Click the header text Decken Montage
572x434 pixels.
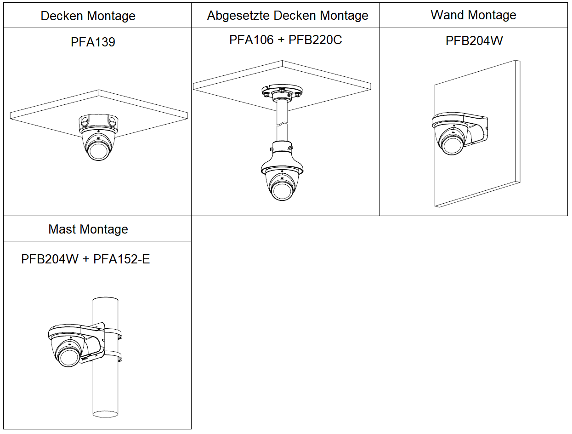click(x=88, y=16)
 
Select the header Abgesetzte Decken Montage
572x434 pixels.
click(x=288, y=16)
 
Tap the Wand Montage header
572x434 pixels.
click(x=473, y=15)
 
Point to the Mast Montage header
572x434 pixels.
click(x=88, y=229)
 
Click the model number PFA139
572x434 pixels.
click(x=93, y=42)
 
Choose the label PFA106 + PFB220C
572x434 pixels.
click(x=285, y=40)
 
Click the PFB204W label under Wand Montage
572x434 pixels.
click(x=474, y=41)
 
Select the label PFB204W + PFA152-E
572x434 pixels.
click(x=85, y=259)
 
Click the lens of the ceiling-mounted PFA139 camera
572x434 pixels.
click(x=98, y=150)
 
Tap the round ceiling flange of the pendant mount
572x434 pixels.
click(x=281, y=92)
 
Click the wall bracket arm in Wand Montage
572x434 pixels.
click(x=478, y=131)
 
